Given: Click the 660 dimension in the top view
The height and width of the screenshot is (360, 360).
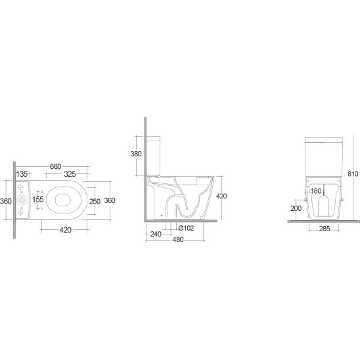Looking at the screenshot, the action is tap(56, 166).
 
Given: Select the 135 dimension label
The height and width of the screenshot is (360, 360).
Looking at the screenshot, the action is tap(22, 174).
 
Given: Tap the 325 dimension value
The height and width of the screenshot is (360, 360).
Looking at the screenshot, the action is tap(70, 174).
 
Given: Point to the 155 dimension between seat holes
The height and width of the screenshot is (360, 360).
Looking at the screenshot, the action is tap(38, 199).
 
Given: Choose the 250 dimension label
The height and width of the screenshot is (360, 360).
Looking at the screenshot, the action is tap(95, 202).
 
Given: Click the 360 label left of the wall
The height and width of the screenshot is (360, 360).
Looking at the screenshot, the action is tap(6, 201).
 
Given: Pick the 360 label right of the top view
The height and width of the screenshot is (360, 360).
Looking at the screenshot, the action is tap(110, 200).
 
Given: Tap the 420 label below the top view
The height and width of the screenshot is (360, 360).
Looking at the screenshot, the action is tap(66, 229).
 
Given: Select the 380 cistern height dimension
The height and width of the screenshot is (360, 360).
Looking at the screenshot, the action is tap(136, 154).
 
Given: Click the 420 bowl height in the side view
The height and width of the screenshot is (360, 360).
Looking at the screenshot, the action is tap(221, 196).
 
